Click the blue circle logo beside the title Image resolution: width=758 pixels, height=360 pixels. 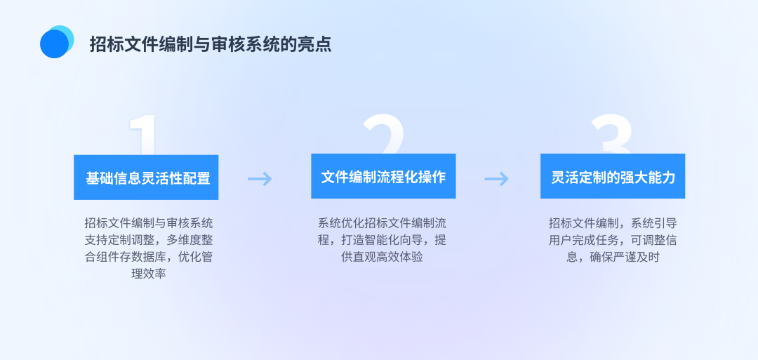[x=56, y=42]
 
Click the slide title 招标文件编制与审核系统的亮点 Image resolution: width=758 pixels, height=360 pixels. [x=211, y=44]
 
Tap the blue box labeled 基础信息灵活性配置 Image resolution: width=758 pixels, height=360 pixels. [x=147, y=178]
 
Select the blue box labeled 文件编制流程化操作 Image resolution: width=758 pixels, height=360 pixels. [x=383, y=176]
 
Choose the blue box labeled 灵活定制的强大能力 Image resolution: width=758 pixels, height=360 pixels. [x=613, y=176]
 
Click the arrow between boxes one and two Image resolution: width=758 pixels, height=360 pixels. [x=260, y=179]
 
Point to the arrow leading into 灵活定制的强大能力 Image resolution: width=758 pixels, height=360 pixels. [x=496, y=179]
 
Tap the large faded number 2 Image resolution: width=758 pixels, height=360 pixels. [x=383, y=133]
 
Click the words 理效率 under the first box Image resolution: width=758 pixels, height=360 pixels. [x=147, y=274]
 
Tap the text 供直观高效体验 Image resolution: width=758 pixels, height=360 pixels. [x=382, y=257]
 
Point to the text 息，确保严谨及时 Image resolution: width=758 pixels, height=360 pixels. [x=613, y=257]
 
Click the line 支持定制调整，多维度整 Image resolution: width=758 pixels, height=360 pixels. [x=148, y=240]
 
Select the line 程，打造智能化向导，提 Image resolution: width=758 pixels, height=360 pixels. [x=382, y=240]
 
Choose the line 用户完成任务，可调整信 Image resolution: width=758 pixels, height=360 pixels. [x=613, y=240]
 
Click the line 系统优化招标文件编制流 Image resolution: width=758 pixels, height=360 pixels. [x=382, y=223]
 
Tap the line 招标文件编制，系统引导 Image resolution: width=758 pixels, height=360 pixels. [x=613, y=223]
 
